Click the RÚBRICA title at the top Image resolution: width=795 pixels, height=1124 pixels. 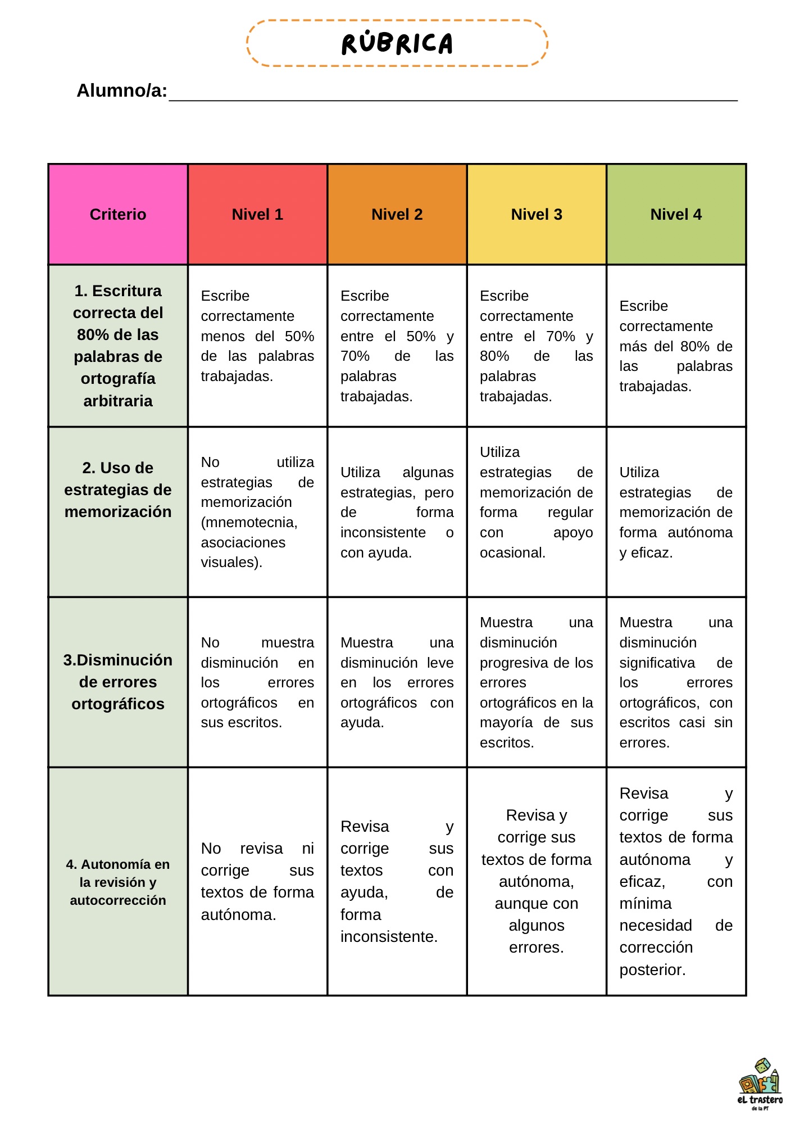tap(397, 44)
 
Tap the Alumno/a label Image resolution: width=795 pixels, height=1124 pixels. tap(121, 90)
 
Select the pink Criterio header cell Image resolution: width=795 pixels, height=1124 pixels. tap(118, 214)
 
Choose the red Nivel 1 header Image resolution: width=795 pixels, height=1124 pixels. tap(257, 214)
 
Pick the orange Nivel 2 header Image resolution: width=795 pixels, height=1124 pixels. tap(397, 214)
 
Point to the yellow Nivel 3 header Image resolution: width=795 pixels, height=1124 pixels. tap(537, 214)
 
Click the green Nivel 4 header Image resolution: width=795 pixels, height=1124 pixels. tap(676, 214)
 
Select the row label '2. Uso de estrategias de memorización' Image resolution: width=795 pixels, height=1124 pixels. tap(118, 490)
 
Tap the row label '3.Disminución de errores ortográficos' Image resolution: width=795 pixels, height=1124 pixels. tap(118, 682)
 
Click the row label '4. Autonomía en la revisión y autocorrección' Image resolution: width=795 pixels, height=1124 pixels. tap(118, 882)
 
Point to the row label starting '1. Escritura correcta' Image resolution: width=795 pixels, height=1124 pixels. tap(118, 345)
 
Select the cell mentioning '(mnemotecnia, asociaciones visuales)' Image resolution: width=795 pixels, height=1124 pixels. tap(257, 512)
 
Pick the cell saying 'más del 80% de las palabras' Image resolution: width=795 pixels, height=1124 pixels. tap(676, 346)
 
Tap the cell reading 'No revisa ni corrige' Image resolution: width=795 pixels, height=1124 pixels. tap(257, 881)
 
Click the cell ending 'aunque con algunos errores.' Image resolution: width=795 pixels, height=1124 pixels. tap(537, 881)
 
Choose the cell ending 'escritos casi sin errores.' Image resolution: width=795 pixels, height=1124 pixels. tap(676, 682)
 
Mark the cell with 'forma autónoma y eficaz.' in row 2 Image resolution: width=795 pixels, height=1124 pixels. tap(676, 512)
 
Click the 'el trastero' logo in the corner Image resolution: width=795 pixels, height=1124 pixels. tap(759, 1085)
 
